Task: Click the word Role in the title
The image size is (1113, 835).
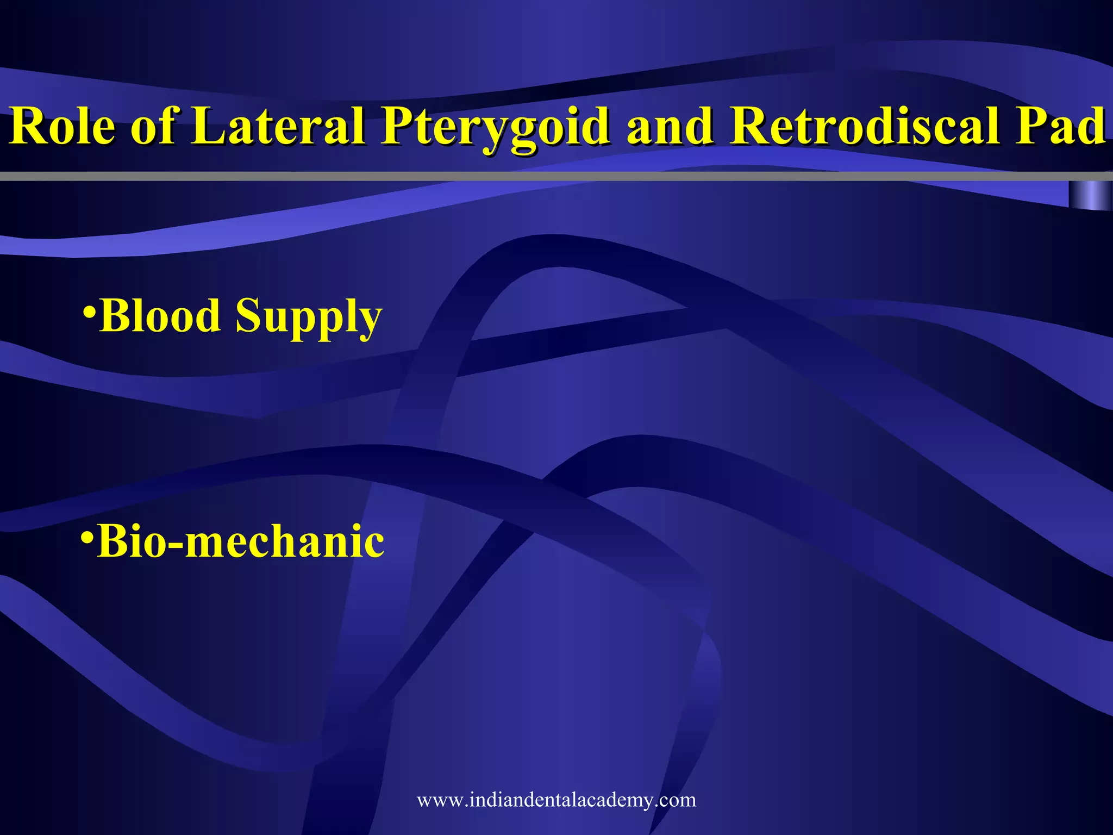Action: [x=62, y=126]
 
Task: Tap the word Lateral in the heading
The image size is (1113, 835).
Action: [x=278, y=126]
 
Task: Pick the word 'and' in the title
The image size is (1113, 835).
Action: [x=670, y=127]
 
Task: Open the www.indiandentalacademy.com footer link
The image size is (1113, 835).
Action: [x=556, y=800]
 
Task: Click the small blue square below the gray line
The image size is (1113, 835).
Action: [x=1090, y=195]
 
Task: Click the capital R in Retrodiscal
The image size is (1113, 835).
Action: [x=751, y=126]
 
